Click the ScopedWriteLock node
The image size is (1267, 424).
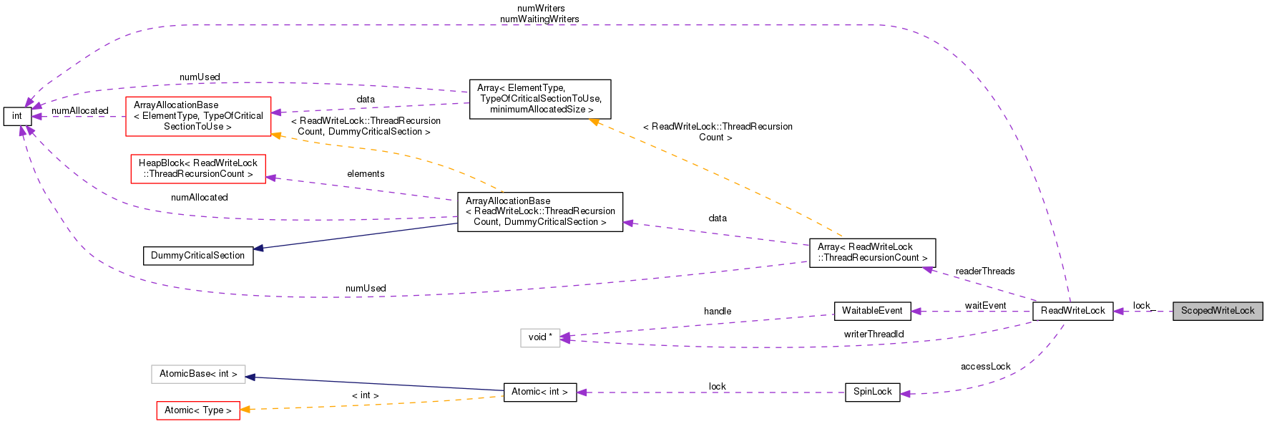1217,311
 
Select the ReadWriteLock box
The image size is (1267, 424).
1072,311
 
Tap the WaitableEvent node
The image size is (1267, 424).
872,311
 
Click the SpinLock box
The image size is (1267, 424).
872,392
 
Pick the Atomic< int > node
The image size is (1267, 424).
539,392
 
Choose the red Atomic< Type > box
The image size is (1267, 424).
197,410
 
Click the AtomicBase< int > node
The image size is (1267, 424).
197,374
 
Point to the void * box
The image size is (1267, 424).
539,337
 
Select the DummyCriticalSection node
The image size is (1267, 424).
197,256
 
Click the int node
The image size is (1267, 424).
17,116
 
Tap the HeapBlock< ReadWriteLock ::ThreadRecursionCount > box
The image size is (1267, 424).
197,168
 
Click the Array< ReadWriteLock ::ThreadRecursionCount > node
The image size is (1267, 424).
872,252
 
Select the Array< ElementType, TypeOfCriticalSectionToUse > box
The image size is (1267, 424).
539,99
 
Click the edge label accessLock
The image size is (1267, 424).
985,367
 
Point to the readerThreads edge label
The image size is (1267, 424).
984,271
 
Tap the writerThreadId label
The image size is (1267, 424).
874,334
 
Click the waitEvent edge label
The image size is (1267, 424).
985,306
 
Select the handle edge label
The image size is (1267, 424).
717,312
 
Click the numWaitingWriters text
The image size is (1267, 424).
539,19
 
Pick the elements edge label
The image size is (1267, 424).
366,174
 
